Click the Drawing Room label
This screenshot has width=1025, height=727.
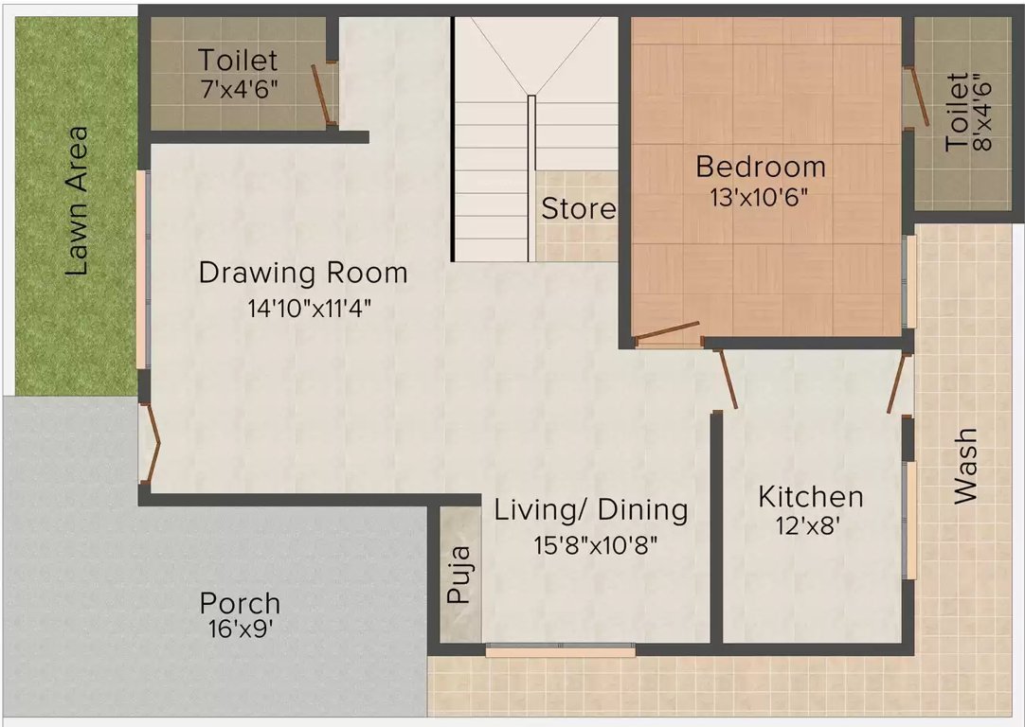point(303,273)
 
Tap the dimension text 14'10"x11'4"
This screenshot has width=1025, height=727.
point(310,308)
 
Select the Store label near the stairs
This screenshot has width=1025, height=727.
point(579,209)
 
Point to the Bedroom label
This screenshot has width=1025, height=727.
point(761,167)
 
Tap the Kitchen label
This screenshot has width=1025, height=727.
point(811,496)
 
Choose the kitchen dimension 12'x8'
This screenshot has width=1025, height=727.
point(808,525)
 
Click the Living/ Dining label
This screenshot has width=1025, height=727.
point(591,510)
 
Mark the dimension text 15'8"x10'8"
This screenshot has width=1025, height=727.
point(596,544)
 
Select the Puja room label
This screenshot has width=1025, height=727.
point(459,575)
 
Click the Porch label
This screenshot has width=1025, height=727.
point(240,603)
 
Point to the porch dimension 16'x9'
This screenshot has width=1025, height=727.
point(240,629)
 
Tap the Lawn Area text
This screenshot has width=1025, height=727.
point(77,202)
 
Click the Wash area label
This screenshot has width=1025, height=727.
point(965,466)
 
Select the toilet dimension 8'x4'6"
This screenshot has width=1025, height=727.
point(981,113)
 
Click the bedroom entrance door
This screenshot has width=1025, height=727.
point(668,333)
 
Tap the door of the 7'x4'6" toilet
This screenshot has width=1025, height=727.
point(323,95)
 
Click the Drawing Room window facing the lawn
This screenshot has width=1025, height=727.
point(141,269)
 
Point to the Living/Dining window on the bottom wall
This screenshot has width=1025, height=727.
point(561,651)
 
